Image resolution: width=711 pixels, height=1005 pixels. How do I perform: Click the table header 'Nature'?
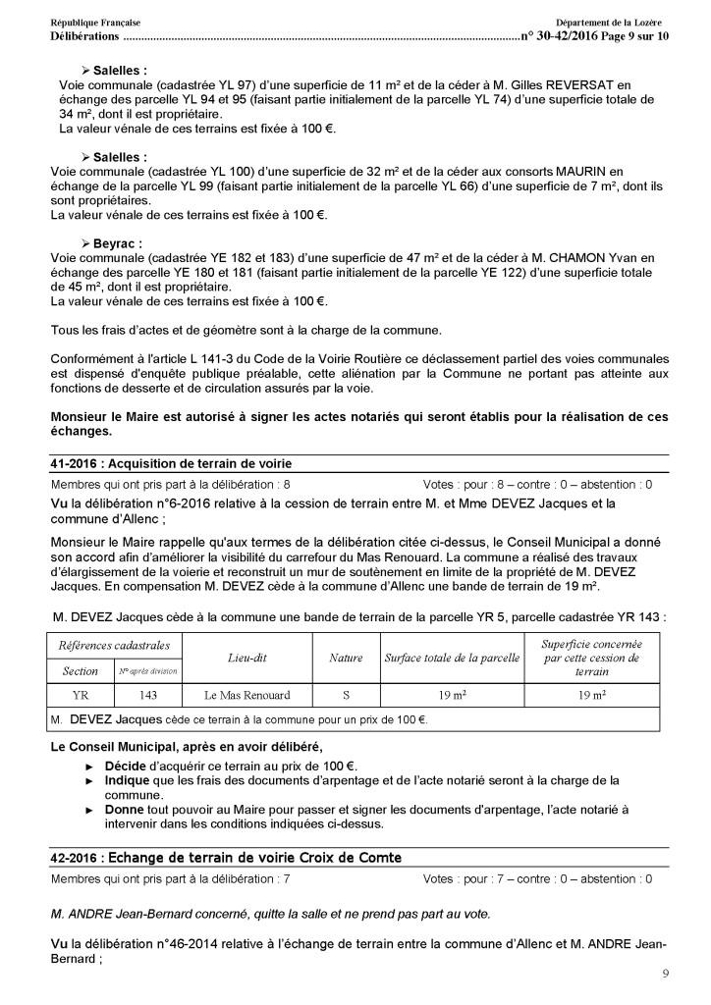point(346,658)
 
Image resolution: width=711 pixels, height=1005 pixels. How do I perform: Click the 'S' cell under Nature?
point(346,695)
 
